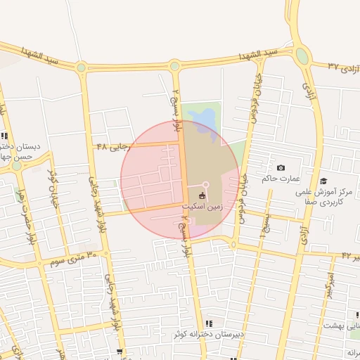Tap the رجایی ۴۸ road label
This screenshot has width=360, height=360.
[114, 146]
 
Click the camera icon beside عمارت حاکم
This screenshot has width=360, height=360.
[281, 168]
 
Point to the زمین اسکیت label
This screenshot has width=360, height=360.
[202, 207]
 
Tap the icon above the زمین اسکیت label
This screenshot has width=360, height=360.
[202, 196]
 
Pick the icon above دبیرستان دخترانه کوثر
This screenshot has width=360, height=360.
[210, 323]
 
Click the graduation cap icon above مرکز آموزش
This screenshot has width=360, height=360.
[323, 181]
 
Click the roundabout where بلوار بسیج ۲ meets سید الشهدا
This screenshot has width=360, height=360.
[174, 66]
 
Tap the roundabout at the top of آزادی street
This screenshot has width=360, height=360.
[302, 55]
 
